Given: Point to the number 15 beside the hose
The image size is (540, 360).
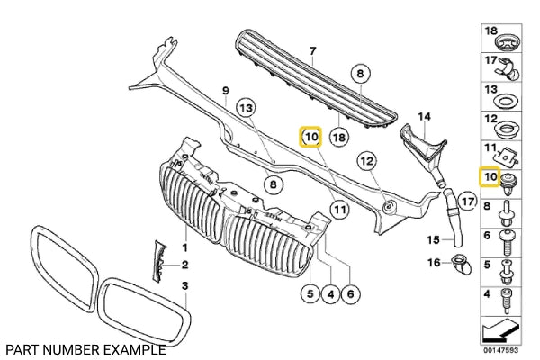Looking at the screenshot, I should pos(433,240).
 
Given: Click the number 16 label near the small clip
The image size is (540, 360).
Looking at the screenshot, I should pos(433,263).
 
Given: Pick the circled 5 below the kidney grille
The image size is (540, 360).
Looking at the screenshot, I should pos(309,292).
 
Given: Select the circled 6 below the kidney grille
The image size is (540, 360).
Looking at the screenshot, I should pos(351,292).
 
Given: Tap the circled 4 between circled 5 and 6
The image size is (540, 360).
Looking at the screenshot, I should pos(329,292).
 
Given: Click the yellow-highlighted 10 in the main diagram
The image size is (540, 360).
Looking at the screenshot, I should pos(310,138).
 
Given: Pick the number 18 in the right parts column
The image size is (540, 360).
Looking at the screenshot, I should pos(490,32).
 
